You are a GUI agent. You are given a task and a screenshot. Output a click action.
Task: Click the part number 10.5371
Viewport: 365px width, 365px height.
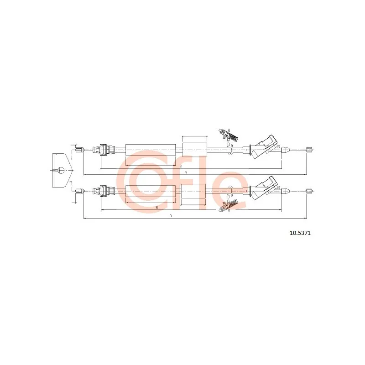pos(300,233)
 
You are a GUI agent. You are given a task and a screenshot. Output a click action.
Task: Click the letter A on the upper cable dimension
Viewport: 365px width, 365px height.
pos(186,172)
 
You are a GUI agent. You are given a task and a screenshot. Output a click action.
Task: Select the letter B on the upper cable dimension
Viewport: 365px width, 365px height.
pos(180,166)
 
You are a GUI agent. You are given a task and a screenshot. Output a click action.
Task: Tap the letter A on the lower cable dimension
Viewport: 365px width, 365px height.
pos(171,216)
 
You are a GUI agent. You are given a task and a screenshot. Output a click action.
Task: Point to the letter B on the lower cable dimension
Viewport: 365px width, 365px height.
pos(157,207)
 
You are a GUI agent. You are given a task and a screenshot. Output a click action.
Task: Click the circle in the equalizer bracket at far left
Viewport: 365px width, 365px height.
pos(61,170)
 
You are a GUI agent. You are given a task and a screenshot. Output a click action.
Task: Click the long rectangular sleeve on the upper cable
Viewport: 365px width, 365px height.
pos(151,150)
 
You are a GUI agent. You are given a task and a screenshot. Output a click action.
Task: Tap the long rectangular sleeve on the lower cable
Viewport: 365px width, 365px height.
pos(151,191)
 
